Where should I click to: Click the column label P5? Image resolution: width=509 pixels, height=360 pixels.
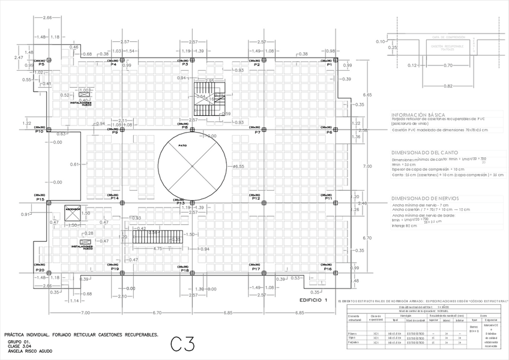41,64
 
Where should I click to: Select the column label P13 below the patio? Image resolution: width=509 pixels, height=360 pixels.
179,203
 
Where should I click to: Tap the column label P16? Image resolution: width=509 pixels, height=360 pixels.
328,269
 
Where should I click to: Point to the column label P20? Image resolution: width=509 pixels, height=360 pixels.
40,269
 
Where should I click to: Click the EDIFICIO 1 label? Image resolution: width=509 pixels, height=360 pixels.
314,299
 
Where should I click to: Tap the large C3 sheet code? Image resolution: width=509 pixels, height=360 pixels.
182,344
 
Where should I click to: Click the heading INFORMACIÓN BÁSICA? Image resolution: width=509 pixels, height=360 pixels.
418,114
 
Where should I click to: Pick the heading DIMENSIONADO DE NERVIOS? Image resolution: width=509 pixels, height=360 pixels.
425,198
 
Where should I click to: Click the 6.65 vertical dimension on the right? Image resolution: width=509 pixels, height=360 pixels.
368,95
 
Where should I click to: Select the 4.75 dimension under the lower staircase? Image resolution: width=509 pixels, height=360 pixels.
158,248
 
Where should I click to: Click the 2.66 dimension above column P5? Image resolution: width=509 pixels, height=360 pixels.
48,19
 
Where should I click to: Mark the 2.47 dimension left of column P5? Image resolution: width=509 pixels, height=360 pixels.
19,58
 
